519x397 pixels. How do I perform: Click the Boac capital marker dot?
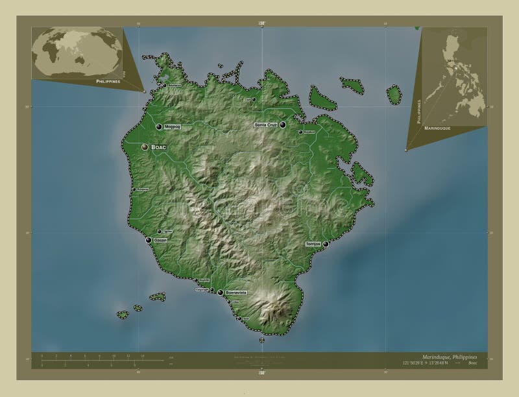[x=144, y=148]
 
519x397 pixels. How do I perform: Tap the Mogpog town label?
[x=173, y=126]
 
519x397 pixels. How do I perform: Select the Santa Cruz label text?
[x=266, y=124]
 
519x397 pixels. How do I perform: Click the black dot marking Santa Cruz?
[x=283, y=125]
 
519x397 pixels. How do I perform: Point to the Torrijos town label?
[x=313, y=244]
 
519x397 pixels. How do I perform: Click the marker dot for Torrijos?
[x=326, y=244]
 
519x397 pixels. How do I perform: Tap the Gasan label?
[x=160, y=240]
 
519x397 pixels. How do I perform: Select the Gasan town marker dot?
[x=149, y=241]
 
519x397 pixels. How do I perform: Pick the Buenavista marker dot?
[x=221, y=293]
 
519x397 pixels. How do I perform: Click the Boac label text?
[x=159, y=148]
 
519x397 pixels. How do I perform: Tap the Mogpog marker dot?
[x=159, y=126]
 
